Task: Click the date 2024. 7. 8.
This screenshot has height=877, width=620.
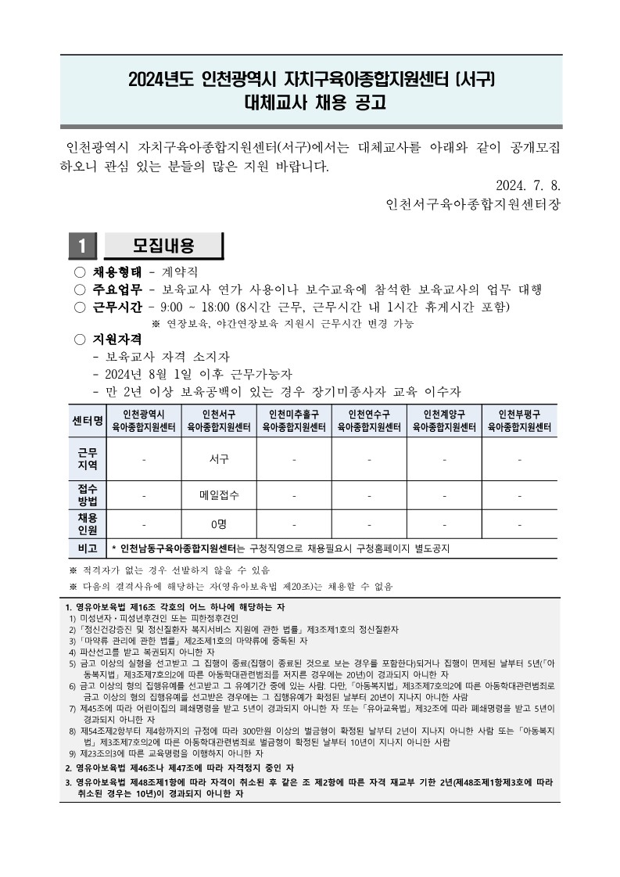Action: click(529, 185)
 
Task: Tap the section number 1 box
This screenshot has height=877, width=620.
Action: click(81, 246)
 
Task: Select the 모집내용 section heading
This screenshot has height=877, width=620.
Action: click(163, 246)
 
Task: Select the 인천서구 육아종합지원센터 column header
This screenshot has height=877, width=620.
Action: click(219, 421)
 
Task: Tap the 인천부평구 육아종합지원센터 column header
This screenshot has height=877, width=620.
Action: click(519, 421)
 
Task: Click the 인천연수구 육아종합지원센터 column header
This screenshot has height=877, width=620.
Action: click(369, 421)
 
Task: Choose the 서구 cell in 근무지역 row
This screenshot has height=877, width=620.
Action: click(219, 459)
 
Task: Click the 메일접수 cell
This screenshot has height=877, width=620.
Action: click(219, 494)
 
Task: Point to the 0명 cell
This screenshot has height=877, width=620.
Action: click(219, 523)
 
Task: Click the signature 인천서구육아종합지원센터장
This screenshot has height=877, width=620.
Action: click(473, 205)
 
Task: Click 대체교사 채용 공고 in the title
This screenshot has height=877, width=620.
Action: click(310, 103)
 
